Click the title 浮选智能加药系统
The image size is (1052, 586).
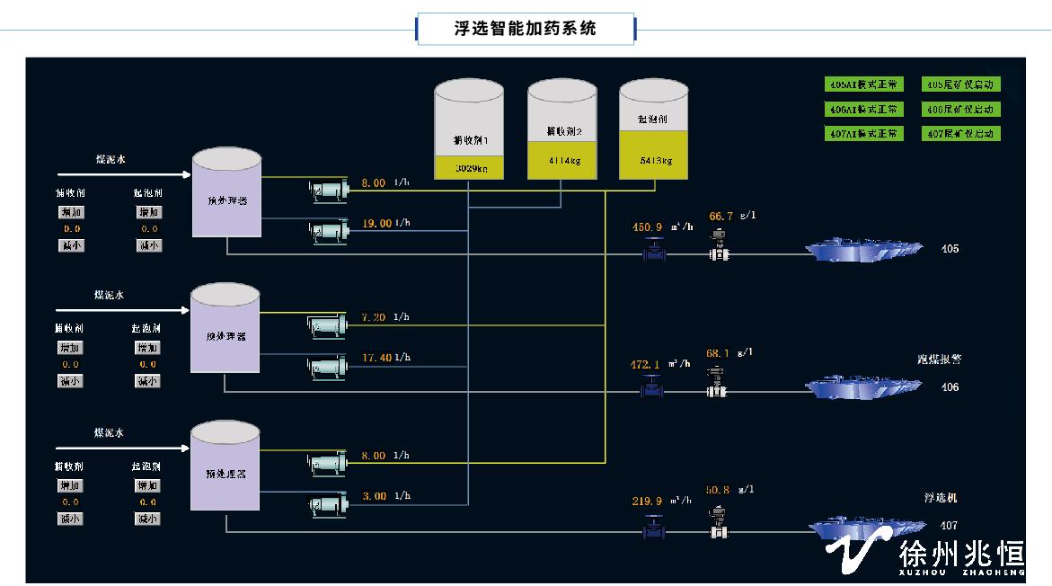click(x=526, y=29)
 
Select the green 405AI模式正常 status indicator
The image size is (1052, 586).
click(x=863, y=84)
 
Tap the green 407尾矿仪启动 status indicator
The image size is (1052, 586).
click(x=962, y=134)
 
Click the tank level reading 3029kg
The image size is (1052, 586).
click(x=469, y=168)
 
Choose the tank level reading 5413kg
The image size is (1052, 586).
click(x=654, y=161)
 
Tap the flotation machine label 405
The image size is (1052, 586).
click(x=950, y=249)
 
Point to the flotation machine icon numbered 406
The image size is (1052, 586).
click(x=862, y=387)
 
